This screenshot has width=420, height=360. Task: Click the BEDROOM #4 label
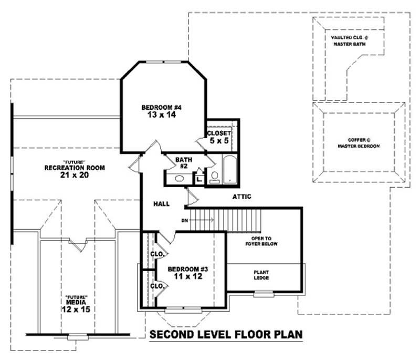click(161, 108)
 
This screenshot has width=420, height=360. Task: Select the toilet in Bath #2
click(215, 177)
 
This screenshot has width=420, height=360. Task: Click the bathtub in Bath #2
click(230, 169)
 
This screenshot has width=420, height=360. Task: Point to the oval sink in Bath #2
click(178, 179)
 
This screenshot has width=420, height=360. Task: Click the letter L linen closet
click(199, 179)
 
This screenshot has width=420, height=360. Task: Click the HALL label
click(161, 203)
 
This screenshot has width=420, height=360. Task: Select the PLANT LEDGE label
click(261, 274)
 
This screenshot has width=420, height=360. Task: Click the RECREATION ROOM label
click(75, 168)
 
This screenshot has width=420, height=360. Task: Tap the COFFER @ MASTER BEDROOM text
click(359, 143)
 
